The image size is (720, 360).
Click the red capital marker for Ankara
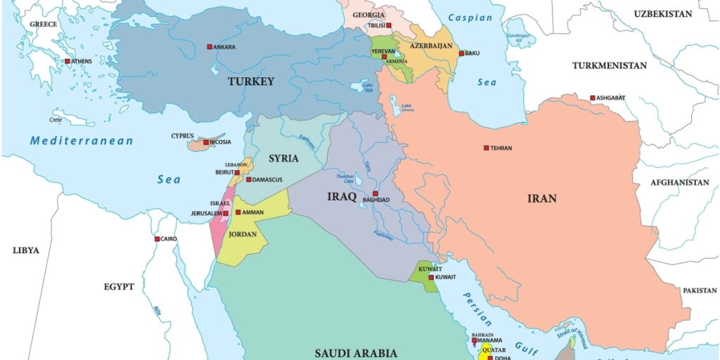210,47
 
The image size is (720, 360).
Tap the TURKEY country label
251,82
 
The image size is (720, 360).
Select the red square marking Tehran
486,148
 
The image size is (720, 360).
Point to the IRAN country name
541,198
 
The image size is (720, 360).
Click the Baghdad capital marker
375,193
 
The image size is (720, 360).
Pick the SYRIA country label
283,158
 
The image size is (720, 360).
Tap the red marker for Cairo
157,239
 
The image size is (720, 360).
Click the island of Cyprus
204,144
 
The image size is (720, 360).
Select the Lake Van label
368,87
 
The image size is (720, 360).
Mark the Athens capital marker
67,61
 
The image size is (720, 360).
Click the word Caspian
470,18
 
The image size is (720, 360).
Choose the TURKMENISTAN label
609,65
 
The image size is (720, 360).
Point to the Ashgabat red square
593,98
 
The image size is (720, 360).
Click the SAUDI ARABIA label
356,353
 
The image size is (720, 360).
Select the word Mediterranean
82,141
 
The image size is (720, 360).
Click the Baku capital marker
461,53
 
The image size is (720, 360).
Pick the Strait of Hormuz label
570,330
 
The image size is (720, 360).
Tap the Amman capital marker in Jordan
238,212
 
